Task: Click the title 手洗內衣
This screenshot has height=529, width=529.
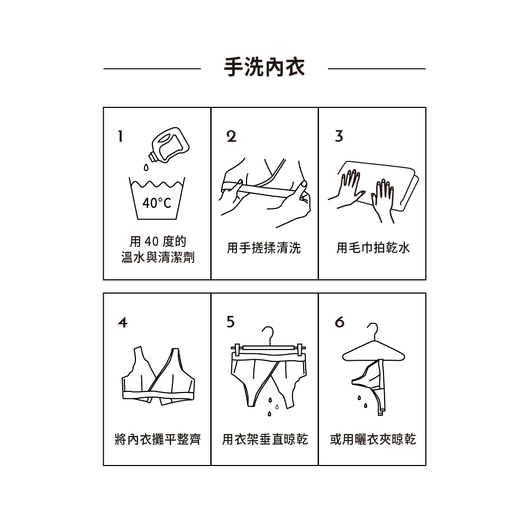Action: tap(264, 68)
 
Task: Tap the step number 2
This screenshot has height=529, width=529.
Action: tap(231, 136)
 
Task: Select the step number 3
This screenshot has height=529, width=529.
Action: tap(339, 136)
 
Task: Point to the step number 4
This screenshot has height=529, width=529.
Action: tap(122, 322)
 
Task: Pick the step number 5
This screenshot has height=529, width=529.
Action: tap(230, 322)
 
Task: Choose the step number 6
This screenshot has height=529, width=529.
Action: tap(339, 322)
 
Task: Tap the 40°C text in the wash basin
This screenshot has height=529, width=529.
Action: tap(157, 203)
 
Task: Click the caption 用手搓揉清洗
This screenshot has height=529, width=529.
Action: tap(264, 248)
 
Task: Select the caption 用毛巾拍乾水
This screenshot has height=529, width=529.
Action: tap(373, 248)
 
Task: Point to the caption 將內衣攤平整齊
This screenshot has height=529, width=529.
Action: tap(158, 439)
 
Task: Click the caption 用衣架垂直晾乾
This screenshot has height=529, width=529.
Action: tap(264, 439)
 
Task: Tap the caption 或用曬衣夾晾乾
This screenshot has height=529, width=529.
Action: tap(373, 439)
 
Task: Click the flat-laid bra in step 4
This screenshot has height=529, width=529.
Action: tap(158, 377)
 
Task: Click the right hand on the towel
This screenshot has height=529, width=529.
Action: tap(382, 198)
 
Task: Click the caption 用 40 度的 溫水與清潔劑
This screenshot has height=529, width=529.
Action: tap(158, 250)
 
